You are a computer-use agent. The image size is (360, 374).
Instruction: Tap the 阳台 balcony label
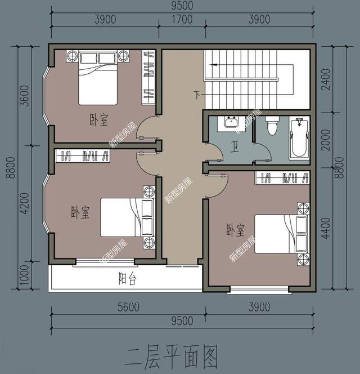127,279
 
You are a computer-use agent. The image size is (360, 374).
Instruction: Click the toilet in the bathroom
272,126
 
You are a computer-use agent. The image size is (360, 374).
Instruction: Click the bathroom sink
232,122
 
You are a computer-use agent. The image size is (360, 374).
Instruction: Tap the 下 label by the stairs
197,94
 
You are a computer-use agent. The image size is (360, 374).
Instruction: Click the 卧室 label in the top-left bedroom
99,119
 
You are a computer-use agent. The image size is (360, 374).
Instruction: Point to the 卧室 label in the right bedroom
236,230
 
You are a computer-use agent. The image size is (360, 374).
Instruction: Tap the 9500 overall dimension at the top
181,6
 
